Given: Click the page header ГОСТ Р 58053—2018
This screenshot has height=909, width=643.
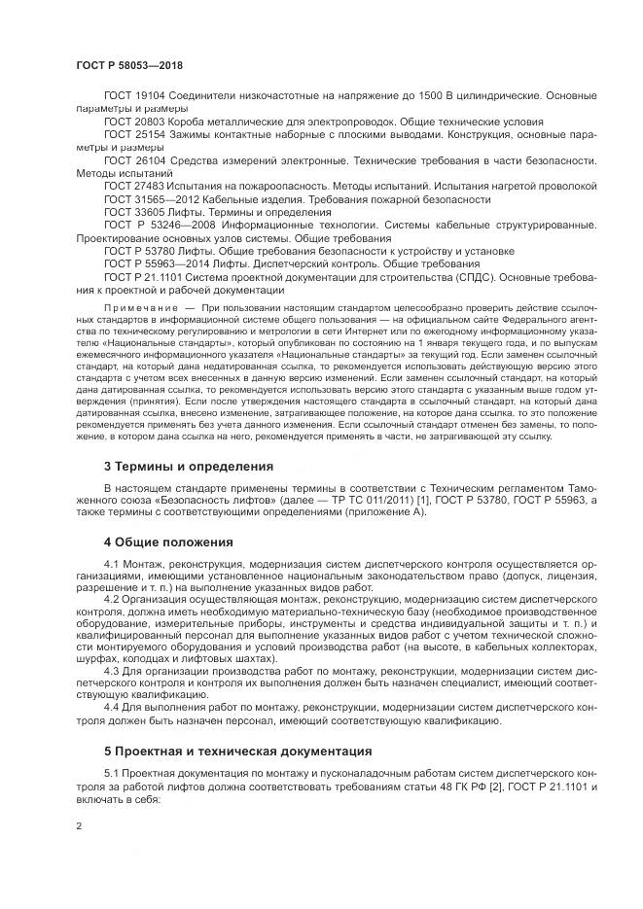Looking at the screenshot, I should click(x=129, y=65).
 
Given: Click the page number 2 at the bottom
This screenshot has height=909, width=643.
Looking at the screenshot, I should click(x=79, y=825).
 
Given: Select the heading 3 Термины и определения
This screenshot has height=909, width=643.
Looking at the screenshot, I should click(x=188, y=466).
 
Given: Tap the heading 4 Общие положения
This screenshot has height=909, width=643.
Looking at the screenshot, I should click(x=168, y=542).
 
